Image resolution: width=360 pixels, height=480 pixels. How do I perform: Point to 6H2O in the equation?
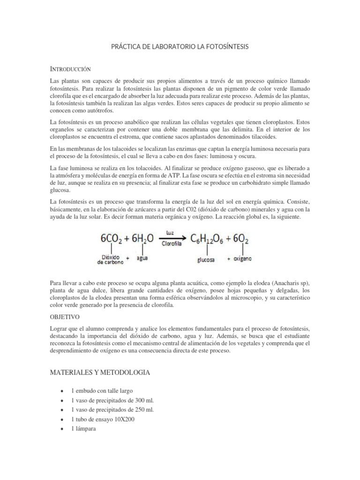pos(143,239)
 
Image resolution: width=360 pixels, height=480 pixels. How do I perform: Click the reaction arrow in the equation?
pos(172,238)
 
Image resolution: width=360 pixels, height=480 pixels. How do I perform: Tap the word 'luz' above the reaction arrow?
pos(170,232)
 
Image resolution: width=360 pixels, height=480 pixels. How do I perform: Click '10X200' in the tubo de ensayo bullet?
pos(124,419)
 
